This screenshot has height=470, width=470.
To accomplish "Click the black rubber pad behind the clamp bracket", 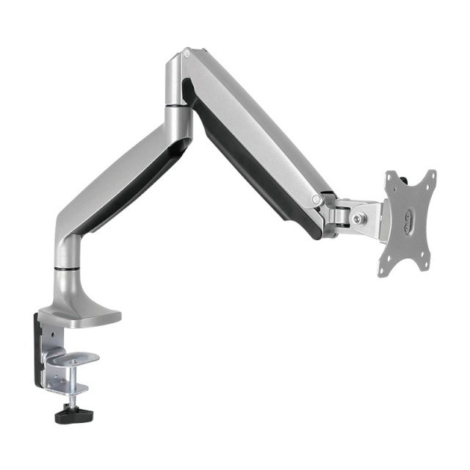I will click(x=36, y=345).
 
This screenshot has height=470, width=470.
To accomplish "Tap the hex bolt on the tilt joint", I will click(x=358, y=217).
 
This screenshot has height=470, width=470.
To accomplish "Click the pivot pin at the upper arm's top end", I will click(x=187, y=54).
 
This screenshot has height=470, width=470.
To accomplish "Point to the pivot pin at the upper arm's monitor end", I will click(x=317, y=199).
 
